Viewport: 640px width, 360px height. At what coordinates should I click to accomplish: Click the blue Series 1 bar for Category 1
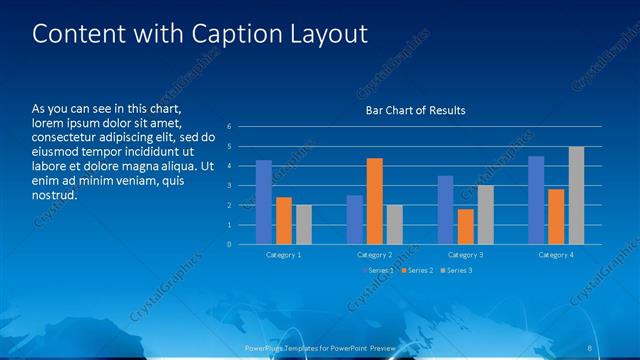click(x=264, y=202)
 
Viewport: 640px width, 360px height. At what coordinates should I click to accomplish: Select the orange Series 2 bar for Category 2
click(x=374, y=201)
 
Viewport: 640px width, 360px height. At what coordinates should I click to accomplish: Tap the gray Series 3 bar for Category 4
click(x=576, y=195)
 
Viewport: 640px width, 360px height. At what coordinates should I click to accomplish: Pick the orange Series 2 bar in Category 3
click(x=466, y=226)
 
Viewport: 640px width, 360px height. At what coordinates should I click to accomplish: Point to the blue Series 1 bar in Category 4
click(x=536, y=200)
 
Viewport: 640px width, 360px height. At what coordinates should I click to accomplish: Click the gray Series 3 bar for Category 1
click(x=304, y=225)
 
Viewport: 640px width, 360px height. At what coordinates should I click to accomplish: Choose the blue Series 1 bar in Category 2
click(x=355, y=220)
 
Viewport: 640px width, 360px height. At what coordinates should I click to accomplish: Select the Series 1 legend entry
click(x=378, y=271)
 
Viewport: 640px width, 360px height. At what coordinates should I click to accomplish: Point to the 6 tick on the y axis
click(x=229, y=127)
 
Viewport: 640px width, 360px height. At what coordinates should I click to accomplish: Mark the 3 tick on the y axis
click(x=229, y=186)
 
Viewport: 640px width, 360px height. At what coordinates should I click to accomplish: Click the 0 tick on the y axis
click(x=229, y=244)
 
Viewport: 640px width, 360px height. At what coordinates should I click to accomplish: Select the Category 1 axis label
click(x=284, y=255)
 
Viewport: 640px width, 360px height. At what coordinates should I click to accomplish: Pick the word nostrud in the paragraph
click(x=55, y=195)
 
